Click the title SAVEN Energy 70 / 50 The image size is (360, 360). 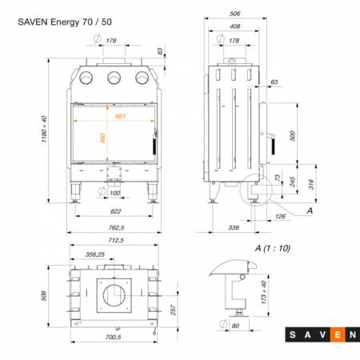(65, 22)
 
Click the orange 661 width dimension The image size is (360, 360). (120, 116)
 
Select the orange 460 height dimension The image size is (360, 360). (102, 138)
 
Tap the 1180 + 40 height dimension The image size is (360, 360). (44, 129)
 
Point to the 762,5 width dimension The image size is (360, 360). (116, 228)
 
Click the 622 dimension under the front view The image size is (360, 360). (116, 211)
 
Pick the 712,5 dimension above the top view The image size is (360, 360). (116, 240)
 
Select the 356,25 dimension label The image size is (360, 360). (95, 254)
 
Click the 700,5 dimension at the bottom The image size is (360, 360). (114, 337)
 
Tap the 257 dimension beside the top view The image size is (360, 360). (174, 310)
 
